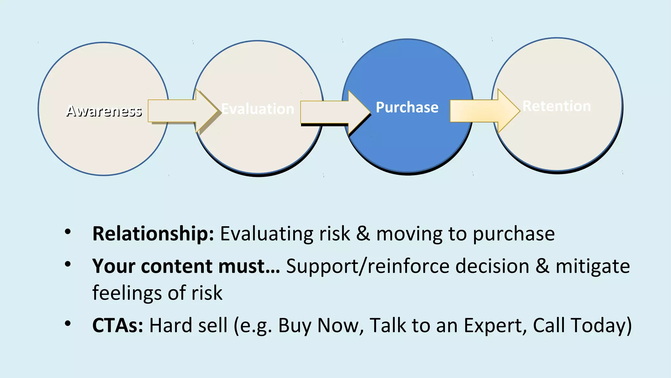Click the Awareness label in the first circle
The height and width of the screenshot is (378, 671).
[104, 111]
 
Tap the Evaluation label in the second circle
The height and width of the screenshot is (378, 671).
[258, 109]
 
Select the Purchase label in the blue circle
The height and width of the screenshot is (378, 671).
[407, 107]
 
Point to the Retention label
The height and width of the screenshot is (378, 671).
[557, 106]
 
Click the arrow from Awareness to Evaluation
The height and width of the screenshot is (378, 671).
[182, 111]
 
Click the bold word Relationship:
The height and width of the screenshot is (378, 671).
[153, 234]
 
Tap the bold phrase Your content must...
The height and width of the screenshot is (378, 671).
[186, 266]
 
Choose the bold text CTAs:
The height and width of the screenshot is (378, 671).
[118, 325]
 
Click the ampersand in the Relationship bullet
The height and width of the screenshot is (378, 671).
[363, 234]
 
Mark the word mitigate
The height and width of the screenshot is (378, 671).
[592, 266]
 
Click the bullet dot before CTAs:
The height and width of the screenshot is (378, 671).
[68, 324]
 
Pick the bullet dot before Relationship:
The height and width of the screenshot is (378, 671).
[68, 232]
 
